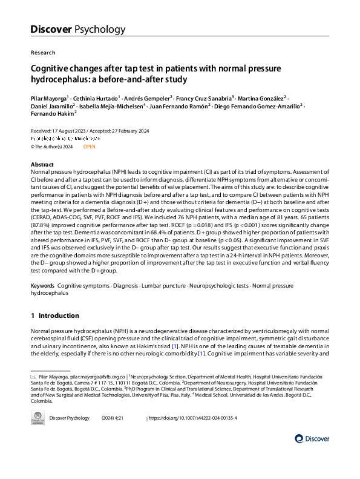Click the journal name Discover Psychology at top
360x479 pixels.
(x=78, y=29)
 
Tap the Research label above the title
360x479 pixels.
(x=42, y=53)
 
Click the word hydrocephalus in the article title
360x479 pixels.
(x=62, y=79)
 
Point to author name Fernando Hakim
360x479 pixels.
(x=52, y=113)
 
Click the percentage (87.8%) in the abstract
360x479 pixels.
(x=41, y=231)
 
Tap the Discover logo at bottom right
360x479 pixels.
(x=312, y=438)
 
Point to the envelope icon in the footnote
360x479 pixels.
(x=33, y=376)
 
